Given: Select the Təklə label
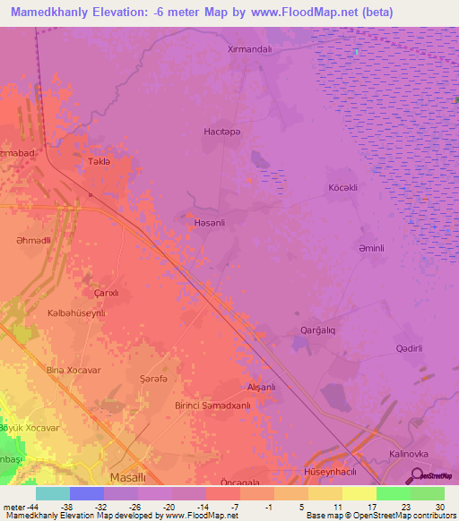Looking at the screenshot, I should click(x=98, y=161).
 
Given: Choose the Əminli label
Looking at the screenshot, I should click(x=371, y=248).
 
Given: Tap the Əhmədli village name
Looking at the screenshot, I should click(x=34, y=241).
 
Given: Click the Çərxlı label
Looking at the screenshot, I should click(x=107, y=293).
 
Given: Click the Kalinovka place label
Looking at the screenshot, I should click(x=410, y=454).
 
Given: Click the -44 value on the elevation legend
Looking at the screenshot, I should click(x=39, y=506).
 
